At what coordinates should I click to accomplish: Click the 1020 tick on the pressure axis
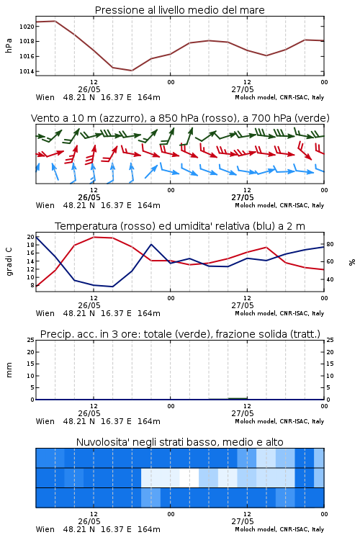coord(27,27)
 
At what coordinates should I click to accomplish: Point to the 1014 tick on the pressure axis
coord(27,71)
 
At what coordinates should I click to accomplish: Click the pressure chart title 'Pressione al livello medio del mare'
coord(180,10)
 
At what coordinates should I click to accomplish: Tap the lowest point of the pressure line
coord(132,71)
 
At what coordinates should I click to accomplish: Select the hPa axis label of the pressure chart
coord(9,45)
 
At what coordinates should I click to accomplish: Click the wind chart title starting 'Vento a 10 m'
coord(180,118)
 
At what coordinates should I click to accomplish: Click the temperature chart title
coord(180,226)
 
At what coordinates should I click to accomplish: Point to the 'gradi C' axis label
coord(9,261)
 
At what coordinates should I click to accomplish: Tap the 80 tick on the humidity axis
coord(330,244)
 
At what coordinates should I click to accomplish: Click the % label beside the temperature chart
coord(352,262)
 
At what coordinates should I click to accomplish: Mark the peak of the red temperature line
coord(94,237)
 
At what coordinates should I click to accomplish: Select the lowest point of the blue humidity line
coord(112,287)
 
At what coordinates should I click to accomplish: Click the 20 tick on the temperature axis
coord(31,237)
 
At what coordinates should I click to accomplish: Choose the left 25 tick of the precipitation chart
coord(31,340)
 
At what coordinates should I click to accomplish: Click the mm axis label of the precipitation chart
coord(9,370)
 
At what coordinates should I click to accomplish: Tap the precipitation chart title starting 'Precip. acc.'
coord(180,334)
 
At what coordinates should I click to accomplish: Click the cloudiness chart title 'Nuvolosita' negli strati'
coord(180,442)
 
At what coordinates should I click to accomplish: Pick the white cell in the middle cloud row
coord(189,477)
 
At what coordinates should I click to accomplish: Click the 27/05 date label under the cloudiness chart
coord(243,521)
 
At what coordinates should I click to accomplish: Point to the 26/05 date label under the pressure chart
coord(89,89)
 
